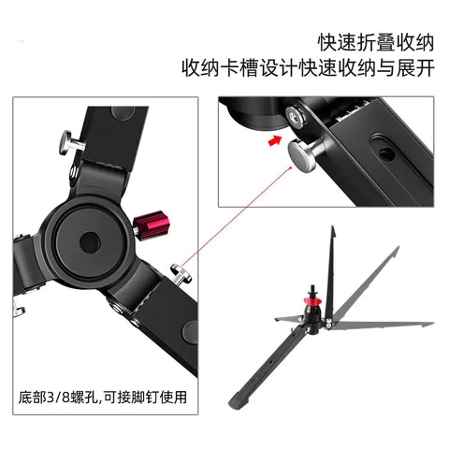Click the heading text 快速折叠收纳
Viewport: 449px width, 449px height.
[375, 42]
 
